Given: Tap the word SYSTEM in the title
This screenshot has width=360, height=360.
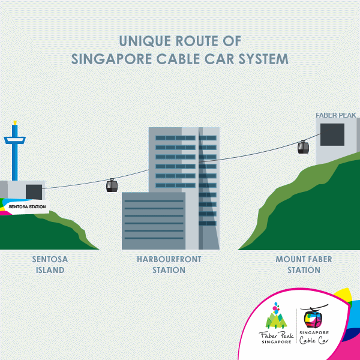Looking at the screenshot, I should [x=259, y=60].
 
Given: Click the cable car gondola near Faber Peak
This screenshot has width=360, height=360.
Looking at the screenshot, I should [x=303, y=147].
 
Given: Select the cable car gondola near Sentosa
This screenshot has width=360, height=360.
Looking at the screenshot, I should [x=112, y=185].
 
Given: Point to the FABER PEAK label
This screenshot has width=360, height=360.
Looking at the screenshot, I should [x=336, y=115].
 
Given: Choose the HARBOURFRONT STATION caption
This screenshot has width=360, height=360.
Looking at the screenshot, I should [x=168, y=265].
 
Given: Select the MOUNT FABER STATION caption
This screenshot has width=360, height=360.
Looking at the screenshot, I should [x=304, y=265].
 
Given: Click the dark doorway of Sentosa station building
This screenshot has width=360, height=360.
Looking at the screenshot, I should [x=34, y=192].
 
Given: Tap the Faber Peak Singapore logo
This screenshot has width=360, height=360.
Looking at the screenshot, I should [x=276, y=324].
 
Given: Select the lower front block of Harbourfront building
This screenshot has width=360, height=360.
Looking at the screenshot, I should [x=154, y=221].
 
